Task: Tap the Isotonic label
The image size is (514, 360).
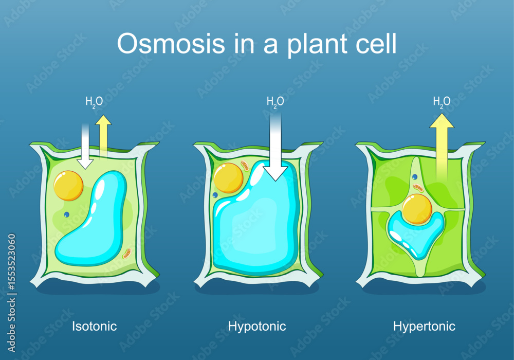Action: click(94, 326)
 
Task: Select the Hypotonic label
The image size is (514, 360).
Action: click(257, 326)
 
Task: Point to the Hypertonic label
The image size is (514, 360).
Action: click(424, 326)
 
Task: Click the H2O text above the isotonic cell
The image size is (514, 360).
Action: click(94, 102)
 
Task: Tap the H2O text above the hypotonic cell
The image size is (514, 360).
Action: click(275, 102)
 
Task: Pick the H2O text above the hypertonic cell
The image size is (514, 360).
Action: click(442, 102)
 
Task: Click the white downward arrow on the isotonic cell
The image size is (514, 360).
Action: click(85, 147)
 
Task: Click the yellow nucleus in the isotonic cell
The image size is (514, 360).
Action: click(68, 186)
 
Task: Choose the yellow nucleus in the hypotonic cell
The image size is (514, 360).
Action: click(228, 178)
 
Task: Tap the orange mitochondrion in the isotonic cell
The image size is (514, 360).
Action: click(126, 253)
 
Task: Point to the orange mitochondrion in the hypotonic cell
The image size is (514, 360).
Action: click(246, 167)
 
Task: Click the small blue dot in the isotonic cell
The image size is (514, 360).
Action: click(66, 214)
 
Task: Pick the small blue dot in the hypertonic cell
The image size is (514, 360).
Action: click(415, 177)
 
